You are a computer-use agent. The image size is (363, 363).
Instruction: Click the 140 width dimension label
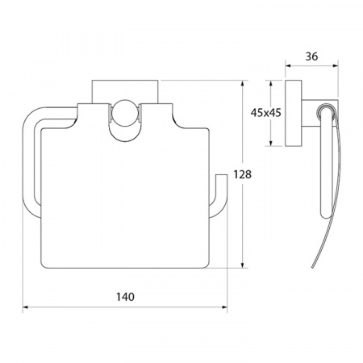[125, 297]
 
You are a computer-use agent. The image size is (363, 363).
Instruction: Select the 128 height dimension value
[242, 174]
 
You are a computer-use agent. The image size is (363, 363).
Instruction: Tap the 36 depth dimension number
[311, 56]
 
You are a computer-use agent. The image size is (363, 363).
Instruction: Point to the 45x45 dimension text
[265, 113]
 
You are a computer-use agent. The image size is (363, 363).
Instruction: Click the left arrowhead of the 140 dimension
[25, 307]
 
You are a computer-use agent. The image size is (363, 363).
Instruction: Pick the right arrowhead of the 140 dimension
[224, 307]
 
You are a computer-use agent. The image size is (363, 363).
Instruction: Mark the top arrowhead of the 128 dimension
[243, 83]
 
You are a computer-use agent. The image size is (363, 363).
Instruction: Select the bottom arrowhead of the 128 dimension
[243, 265]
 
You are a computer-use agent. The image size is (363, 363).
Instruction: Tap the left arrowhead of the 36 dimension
[288, 65]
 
